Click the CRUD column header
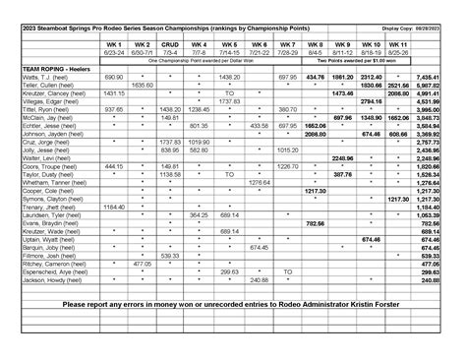click(x=170, y=44)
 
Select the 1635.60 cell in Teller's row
click(x=142, y=85)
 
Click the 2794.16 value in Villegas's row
click(x=371, y=101)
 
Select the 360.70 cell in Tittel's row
click(x=287, y=110)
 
